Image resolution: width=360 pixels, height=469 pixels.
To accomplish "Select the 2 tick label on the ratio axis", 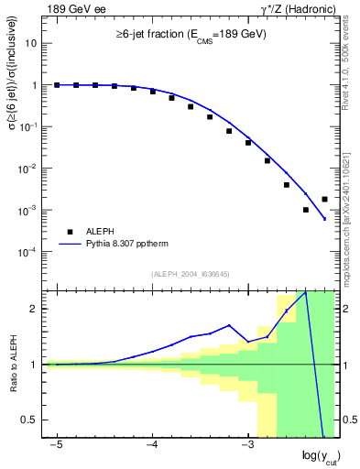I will coord(35,309).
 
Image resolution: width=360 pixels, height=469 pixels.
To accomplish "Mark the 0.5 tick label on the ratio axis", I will coord(30,420).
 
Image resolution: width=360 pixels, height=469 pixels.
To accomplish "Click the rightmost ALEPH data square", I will coord(325,199).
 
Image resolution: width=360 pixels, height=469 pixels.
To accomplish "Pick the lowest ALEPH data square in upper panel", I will coord(306,210).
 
